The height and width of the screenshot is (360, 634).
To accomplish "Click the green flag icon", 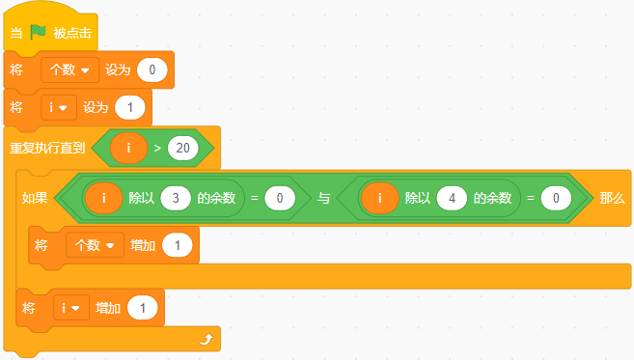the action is (x=39, y=32).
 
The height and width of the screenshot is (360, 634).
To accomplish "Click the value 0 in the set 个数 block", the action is (x=152, y=70).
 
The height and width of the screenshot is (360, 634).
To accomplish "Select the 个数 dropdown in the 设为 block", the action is (x=69, y=70).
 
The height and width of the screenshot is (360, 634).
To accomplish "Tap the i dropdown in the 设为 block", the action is (x=59, y=107).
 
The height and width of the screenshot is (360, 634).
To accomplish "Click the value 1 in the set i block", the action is (x=130, y=107).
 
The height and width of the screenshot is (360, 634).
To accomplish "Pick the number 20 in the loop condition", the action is (x=182, y=148).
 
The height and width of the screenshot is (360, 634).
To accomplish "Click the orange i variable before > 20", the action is (x=128, y=148).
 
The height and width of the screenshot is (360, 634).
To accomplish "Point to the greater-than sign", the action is (x=157, y=149).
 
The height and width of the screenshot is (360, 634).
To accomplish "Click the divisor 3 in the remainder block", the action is (x=176, y=198).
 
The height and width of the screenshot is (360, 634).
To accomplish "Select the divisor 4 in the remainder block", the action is (x=452, y=198).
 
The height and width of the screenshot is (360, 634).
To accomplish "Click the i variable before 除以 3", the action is (x=104, y=198).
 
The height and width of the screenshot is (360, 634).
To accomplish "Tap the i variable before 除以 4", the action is (x=379, y=198).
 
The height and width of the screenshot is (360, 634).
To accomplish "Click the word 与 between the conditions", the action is (x=323, y=198).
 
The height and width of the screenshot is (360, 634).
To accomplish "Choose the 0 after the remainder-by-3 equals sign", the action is (x=280, y=198).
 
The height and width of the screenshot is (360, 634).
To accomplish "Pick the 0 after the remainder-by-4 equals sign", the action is (x=556, y=198).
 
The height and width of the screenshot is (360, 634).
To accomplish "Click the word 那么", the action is (x=612, y=198).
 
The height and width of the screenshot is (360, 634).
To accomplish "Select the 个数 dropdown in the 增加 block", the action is (x=95, y=245).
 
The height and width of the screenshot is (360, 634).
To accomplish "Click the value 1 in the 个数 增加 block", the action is (x=178, y=245).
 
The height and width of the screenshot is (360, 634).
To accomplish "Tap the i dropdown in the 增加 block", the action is (x=71, y=308).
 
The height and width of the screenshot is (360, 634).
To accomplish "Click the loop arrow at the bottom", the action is (x=207, y=339).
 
